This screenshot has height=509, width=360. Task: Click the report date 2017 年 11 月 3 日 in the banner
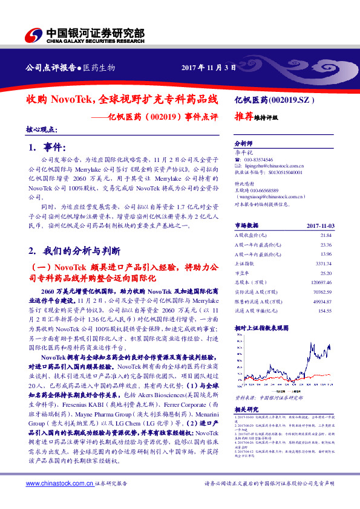pyautogui.click(x=208, y=67)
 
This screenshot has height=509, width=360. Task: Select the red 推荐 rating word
pyautogui.click(x=244, y=117)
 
